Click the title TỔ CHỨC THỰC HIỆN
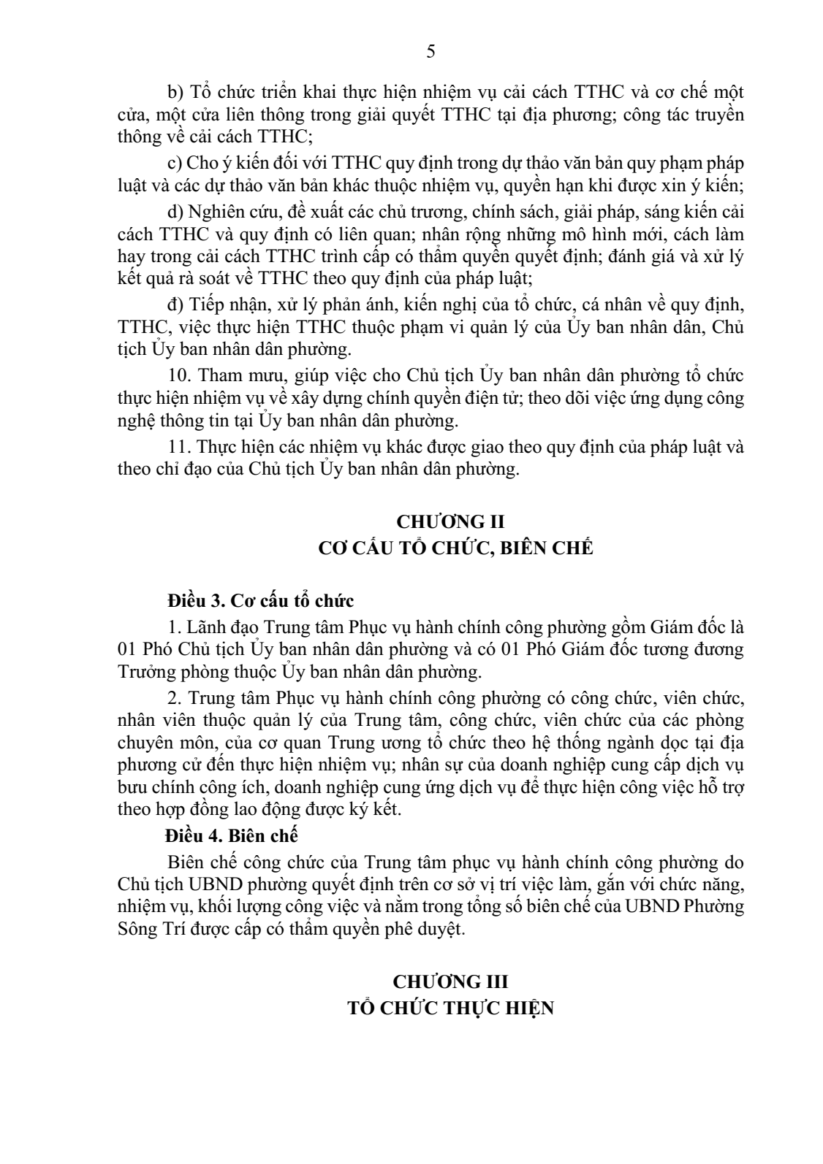point(450,1008)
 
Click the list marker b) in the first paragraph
point(175,94)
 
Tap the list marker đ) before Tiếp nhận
point(175,303)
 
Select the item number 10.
point(179,376)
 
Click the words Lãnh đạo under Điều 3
point(222,627)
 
